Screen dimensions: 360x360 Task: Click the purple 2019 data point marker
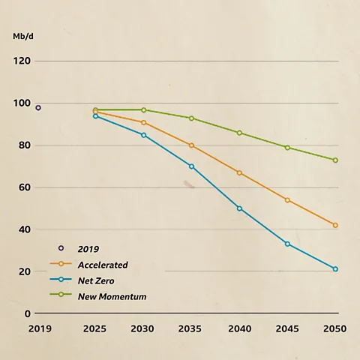point(38,108)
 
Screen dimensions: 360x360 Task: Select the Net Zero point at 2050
point(335,269)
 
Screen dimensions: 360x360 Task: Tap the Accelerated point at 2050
point(335,225)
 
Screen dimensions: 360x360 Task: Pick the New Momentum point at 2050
point(335,160)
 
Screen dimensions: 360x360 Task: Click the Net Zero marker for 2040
point(239,208)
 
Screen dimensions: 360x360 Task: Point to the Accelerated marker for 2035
point(191,145)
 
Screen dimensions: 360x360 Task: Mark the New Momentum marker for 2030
point(143,110)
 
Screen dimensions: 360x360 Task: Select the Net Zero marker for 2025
point(95,116)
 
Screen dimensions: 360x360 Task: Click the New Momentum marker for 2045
point(287,148)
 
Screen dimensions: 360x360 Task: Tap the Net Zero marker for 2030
point(143,135)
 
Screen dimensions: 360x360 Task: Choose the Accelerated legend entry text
point(103,265)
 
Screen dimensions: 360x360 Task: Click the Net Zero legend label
point(95,280)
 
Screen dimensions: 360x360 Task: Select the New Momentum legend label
point(112,297)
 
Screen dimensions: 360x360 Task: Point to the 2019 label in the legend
point(88,249)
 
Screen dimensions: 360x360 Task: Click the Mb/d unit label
point(23,36)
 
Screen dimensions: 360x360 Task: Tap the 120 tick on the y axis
point(21,61)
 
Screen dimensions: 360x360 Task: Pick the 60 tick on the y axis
point(24,187)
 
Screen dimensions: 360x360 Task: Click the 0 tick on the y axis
point(27,313)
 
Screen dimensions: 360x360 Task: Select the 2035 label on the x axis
point(191,329)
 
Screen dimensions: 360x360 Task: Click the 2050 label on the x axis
point(335,329)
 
